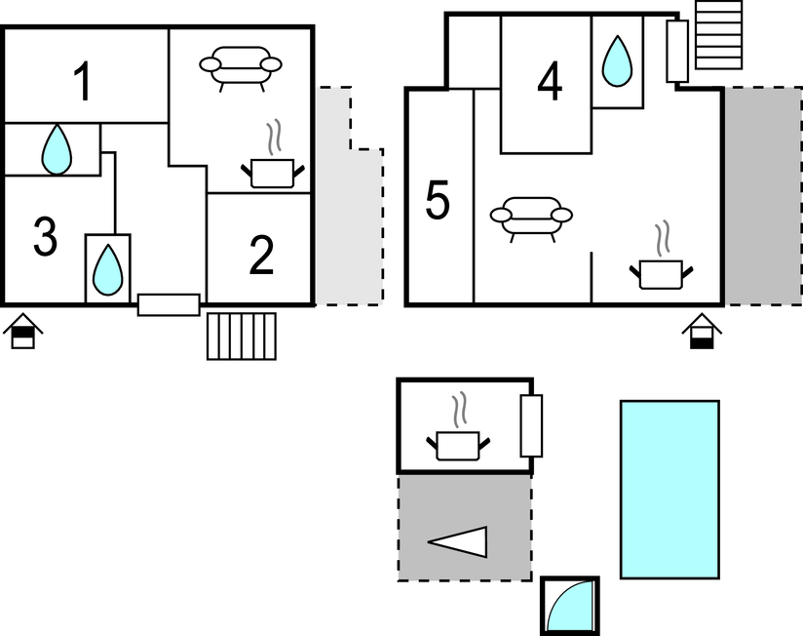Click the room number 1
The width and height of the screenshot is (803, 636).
coord(85,82)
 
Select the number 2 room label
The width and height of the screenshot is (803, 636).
coord(261,257)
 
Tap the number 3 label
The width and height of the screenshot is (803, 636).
coord(45,237)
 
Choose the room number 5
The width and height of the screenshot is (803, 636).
coord(439,202)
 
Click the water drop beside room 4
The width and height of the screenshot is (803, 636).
coord(617,60)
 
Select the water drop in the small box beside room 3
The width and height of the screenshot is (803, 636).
coord(107,268)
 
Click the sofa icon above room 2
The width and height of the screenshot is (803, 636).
coord(240,66)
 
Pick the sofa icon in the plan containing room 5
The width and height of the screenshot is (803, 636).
coord(530,217)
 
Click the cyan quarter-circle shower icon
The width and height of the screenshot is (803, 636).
coord(569,606)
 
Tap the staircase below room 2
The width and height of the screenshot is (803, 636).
coord(242,336)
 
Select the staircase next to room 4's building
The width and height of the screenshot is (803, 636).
coord(719,34)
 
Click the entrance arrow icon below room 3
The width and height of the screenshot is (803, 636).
coord(21,333)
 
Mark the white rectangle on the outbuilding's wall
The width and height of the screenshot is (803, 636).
coord(531,426)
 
